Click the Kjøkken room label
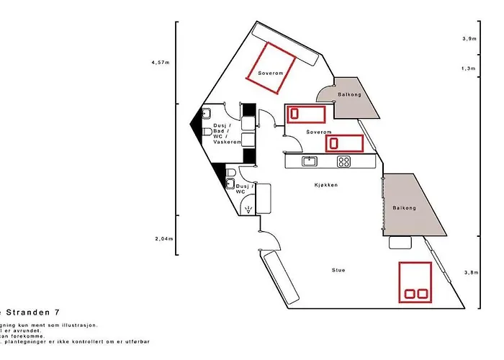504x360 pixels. (326, 185)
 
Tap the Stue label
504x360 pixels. (338, 270)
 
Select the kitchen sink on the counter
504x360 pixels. (310, 161)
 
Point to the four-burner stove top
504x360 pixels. (344, 161)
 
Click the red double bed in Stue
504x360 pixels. (415, 282)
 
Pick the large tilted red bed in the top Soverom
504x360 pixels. (273, 68)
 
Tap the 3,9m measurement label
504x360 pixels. (469, 38)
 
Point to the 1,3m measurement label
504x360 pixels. (469, 68)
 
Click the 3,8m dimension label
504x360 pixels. (471, 272)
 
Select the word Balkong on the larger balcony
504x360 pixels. (404, 208)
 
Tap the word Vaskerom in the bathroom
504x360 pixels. (227, 143)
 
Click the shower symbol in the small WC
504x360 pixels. (248, 210)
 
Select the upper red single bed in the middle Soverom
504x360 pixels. (307, 114)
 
